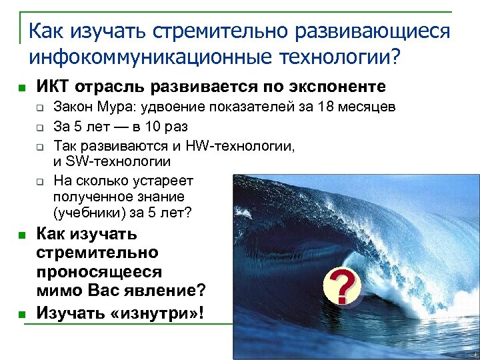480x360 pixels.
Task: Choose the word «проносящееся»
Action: [98, 271]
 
